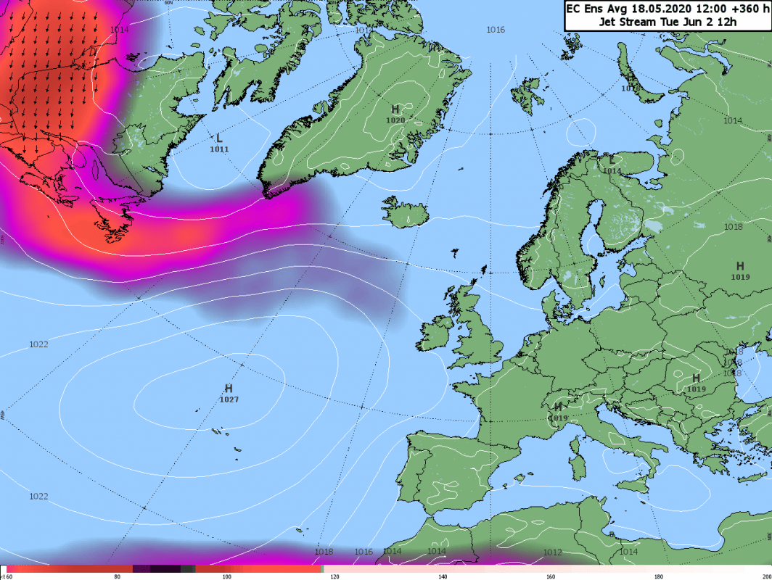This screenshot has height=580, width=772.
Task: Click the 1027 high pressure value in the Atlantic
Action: [x=229, y=399]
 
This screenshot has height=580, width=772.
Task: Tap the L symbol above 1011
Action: [x=219, y=138]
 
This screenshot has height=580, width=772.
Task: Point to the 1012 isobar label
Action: [x=552, y=552]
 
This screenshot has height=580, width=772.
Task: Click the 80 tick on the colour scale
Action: [x=118, y=576]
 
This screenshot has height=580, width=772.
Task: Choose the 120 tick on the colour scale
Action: [x=334, y=576]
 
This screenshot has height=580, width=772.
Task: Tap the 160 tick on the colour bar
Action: [x=551, y=576]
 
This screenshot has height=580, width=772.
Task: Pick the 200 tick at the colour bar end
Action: [x=765, y=576]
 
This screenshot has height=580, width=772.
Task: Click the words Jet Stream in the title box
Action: [x=628, y=22]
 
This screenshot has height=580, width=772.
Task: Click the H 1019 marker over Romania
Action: [x=696, y=383]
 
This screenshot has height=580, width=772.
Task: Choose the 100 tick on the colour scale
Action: [x=226, y=576]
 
